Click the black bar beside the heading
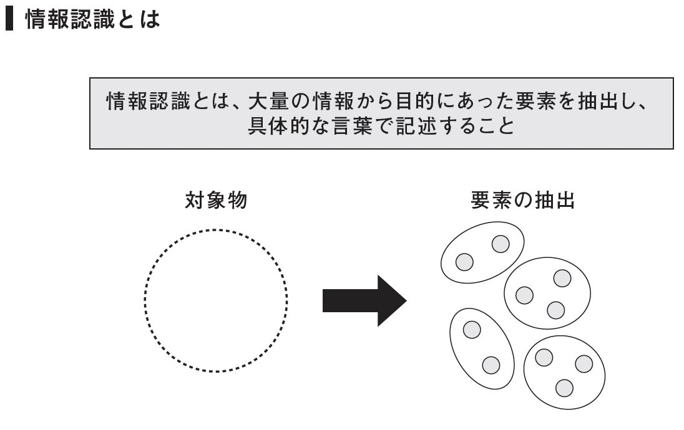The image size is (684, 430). [9, 20]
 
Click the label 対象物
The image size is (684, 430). [216, 201]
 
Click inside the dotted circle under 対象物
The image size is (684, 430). [216, 300]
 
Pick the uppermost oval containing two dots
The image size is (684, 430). [482, 252]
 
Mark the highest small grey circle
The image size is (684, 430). [501, 244]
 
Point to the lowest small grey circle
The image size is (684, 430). [564, 388]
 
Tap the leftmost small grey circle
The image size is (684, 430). [464, 262]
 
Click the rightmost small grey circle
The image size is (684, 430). [584, 363]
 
